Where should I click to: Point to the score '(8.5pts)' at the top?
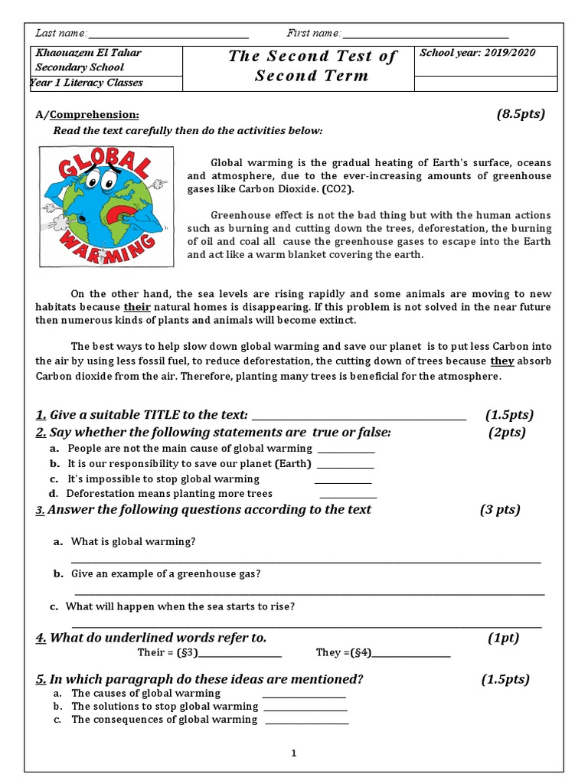(x=521, y=114)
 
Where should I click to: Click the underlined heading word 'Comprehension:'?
(x=94, y=115)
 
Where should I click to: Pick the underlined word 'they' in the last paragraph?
(x=501, y=361)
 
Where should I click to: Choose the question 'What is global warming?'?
(x=133, y=541)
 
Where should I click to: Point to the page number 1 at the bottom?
(x=293, y=753)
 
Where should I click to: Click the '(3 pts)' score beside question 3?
(x=500, y=510)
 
